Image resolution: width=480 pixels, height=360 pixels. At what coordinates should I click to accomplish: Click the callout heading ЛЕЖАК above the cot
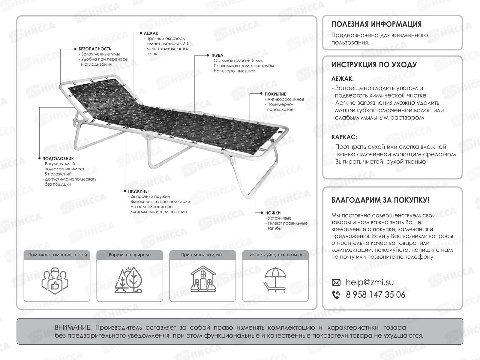pos(151,33)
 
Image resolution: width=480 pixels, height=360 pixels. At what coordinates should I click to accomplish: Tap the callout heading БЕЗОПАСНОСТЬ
pos(95,49)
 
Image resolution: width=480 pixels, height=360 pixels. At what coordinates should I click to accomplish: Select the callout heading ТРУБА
pos(217,55)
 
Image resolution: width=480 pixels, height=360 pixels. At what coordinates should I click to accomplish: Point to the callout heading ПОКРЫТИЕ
pos(275,94)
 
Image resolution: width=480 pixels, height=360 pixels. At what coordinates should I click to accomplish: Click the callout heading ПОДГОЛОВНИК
pos(58,159)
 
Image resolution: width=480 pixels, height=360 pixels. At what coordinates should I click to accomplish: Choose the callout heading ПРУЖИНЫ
pos(138,191)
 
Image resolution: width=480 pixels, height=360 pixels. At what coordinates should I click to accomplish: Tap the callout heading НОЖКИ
pos(273,213)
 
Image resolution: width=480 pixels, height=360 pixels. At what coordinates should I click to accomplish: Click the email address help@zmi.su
pos(370,282)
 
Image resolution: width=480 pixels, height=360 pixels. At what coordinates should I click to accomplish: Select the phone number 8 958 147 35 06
pos(375,295)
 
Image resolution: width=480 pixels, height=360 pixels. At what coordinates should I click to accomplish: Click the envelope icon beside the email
pos(336,283)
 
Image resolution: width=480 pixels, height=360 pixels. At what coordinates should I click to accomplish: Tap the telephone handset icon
pos(336,295)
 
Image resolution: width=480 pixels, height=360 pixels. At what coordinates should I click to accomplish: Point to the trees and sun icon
pos(129,280)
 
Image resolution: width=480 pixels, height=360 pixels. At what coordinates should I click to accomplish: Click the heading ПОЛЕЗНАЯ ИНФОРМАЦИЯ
pos(376,24)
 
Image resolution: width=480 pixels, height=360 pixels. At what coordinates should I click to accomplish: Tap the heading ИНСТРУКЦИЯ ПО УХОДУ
pos(374,65)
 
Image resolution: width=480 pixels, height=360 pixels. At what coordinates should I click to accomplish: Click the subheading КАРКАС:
pos(344,137)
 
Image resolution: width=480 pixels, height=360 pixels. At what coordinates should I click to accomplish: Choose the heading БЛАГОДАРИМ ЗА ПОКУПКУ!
pos(380,200)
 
